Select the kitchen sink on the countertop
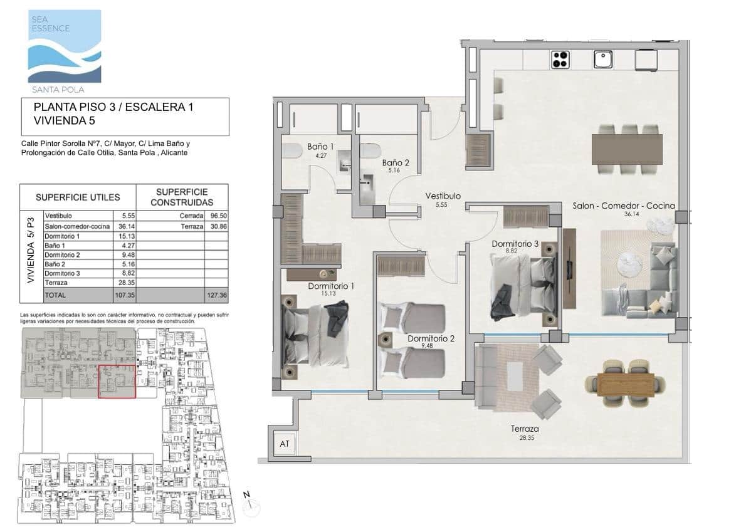pos(602,59)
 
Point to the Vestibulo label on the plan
pos(443,196)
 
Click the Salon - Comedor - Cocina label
pos(624,206)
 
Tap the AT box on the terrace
pos(285,444)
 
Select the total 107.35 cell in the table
pos(121,295)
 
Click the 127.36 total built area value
pos(216,295)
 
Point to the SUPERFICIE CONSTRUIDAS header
pos(181,197)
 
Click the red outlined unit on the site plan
pos(118,382)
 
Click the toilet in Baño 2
pos(370,152)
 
